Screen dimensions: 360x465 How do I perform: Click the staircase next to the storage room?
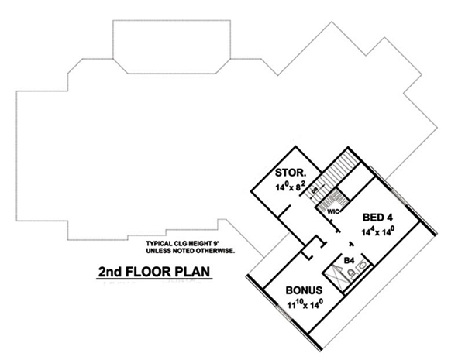pyautogui.click(x=338, y=174)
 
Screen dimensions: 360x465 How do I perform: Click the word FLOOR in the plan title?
pyautogui.click(x=155, y=273)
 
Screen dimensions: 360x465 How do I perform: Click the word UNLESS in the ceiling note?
pyautogui.click(x=159, y=252)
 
